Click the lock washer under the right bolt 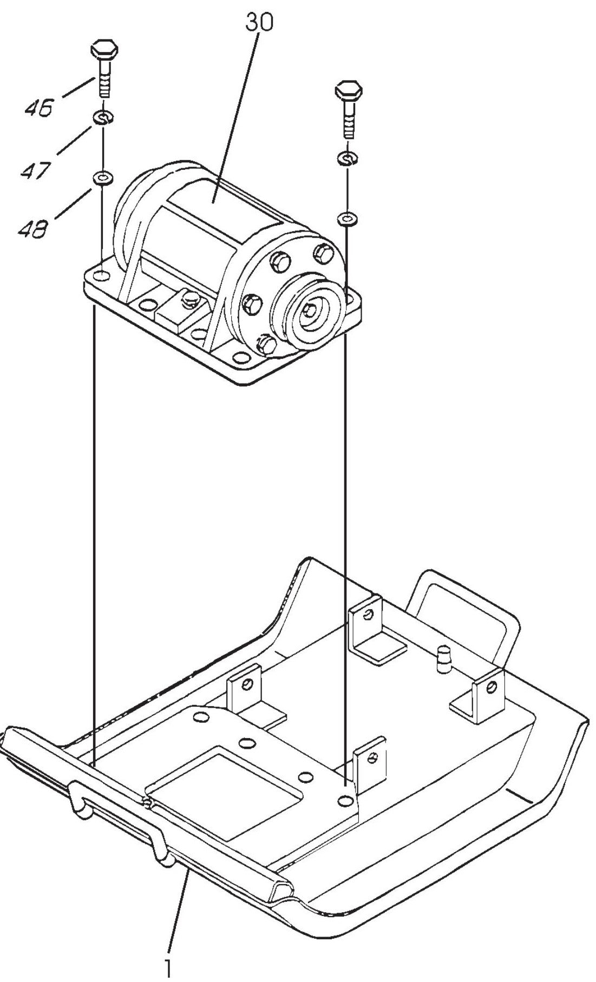(x=346, y=157)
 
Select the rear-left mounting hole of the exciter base (x=101, y=278)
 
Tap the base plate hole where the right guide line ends (x=344, y=800)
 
